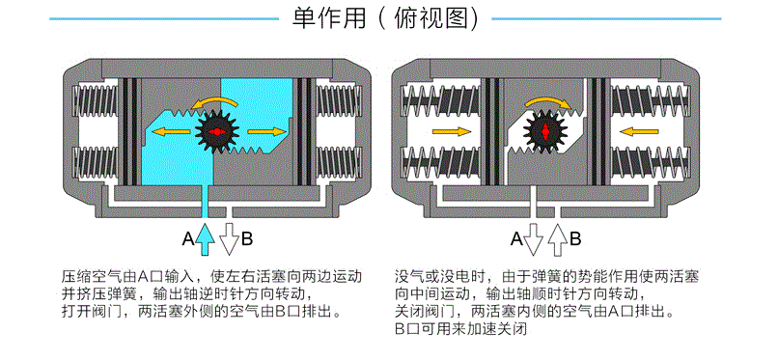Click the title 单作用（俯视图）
point(385,18)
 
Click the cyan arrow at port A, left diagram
point(205,239)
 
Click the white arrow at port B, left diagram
point(229,239)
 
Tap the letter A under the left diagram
point(187,239)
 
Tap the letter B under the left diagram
point(247,239)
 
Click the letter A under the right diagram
point(516,239)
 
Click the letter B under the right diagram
point(575,239)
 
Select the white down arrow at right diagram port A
point(534,239)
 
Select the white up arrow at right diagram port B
point(558,239)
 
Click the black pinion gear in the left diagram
point(217,131)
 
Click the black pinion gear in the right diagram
point(544,131)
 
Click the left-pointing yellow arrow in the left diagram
point(171,131)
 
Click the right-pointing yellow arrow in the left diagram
point(267,131)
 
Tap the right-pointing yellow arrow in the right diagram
point(452,131)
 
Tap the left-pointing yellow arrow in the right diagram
point(639,131)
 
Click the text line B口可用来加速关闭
point(460,330)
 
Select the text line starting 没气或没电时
point(550,276)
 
